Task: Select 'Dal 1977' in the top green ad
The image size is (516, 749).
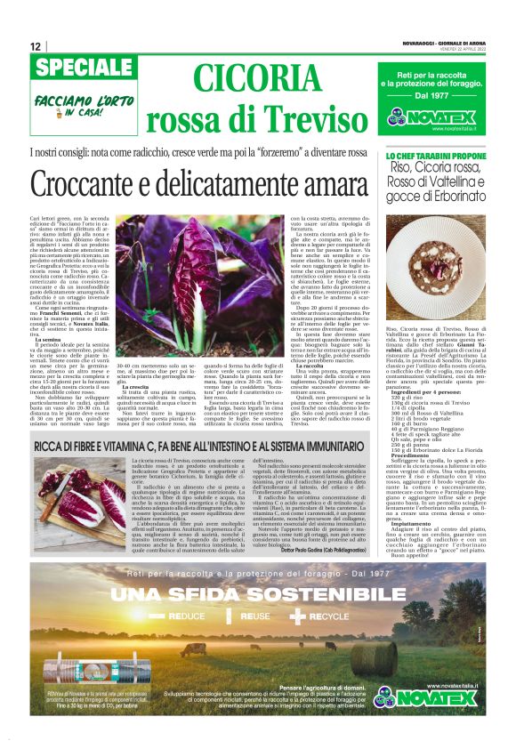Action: (x=436, y=94)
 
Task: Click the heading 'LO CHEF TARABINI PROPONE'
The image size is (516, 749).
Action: (x=437, y=157)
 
